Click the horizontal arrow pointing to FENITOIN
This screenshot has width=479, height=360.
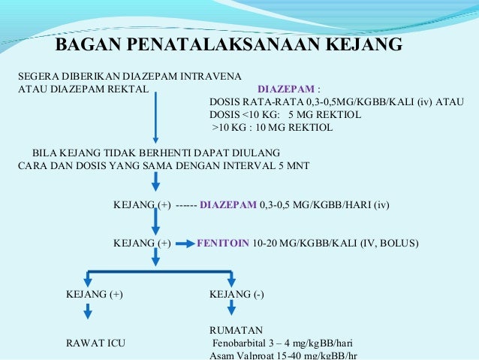tap(184, 244)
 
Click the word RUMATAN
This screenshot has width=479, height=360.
tap(236, 330)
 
